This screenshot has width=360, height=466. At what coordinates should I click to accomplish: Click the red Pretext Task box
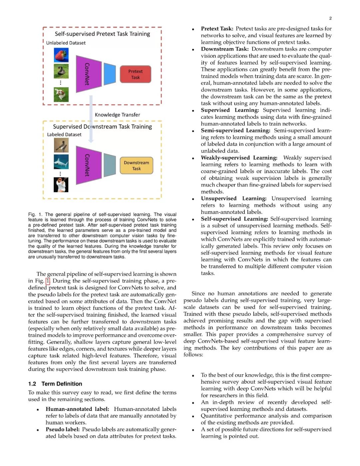[135, 74]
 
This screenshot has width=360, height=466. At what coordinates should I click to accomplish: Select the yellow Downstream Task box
[136, 165]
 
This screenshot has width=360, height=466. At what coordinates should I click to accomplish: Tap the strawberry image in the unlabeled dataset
[61, 55]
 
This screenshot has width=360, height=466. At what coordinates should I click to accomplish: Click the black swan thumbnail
[61, 71]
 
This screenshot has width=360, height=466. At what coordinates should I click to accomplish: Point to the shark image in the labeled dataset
[61, 162]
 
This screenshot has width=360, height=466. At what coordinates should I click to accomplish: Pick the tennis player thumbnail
[61, 184]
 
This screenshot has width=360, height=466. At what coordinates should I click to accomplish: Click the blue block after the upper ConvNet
[110, 74]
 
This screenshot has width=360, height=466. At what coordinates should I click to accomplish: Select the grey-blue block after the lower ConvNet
[110, 165]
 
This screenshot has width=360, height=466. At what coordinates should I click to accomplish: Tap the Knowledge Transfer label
[117, 115]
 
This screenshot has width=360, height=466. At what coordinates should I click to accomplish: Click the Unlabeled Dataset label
[66, 43]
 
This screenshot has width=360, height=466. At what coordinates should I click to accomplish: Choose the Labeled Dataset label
[64, 134]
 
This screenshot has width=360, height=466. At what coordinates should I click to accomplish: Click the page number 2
[330, 18]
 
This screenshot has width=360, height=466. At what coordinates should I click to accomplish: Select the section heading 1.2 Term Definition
[55, 384]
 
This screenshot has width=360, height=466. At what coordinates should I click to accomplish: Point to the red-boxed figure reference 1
[48, 281]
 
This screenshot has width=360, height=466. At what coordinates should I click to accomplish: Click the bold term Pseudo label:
[63, 429]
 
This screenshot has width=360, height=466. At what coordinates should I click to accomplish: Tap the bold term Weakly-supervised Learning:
[239, 158]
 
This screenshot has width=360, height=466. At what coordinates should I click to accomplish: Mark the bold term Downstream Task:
[225, 49]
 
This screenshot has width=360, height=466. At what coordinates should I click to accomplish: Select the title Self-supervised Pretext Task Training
[102, 34]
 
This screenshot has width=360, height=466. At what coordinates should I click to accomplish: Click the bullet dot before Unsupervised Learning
[193, 199]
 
